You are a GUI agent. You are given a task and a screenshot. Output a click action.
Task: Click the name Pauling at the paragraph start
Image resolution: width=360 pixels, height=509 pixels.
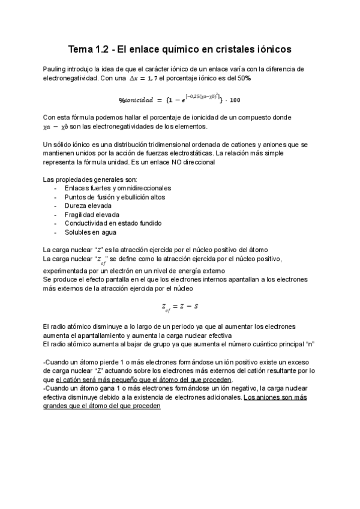coord(55,70)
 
